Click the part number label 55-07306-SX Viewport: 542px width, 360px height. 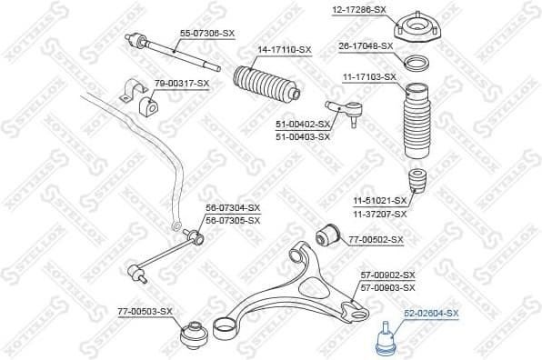(206, 33)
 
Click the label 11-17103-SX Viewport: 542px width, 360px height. (368, 77)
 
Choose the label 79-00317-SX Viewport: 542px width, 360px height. (181, 84)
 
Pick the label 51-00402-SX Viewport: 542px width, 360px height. (303, 125)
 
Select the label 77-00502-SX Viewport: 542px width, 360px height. (375, 240)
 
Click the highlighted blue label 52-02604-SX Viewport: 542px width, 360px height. (432, 314)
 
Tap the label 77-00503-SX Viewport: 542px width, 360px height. (145, 312)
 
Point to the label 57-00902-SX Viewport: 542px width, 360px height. (387, 275)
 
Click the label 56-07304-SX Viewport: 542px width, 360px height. (232, 208)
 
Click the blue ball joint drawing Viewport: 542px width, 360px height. (386, 338)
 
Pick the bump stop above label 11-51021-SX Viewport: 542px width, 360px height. (418, 181)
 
